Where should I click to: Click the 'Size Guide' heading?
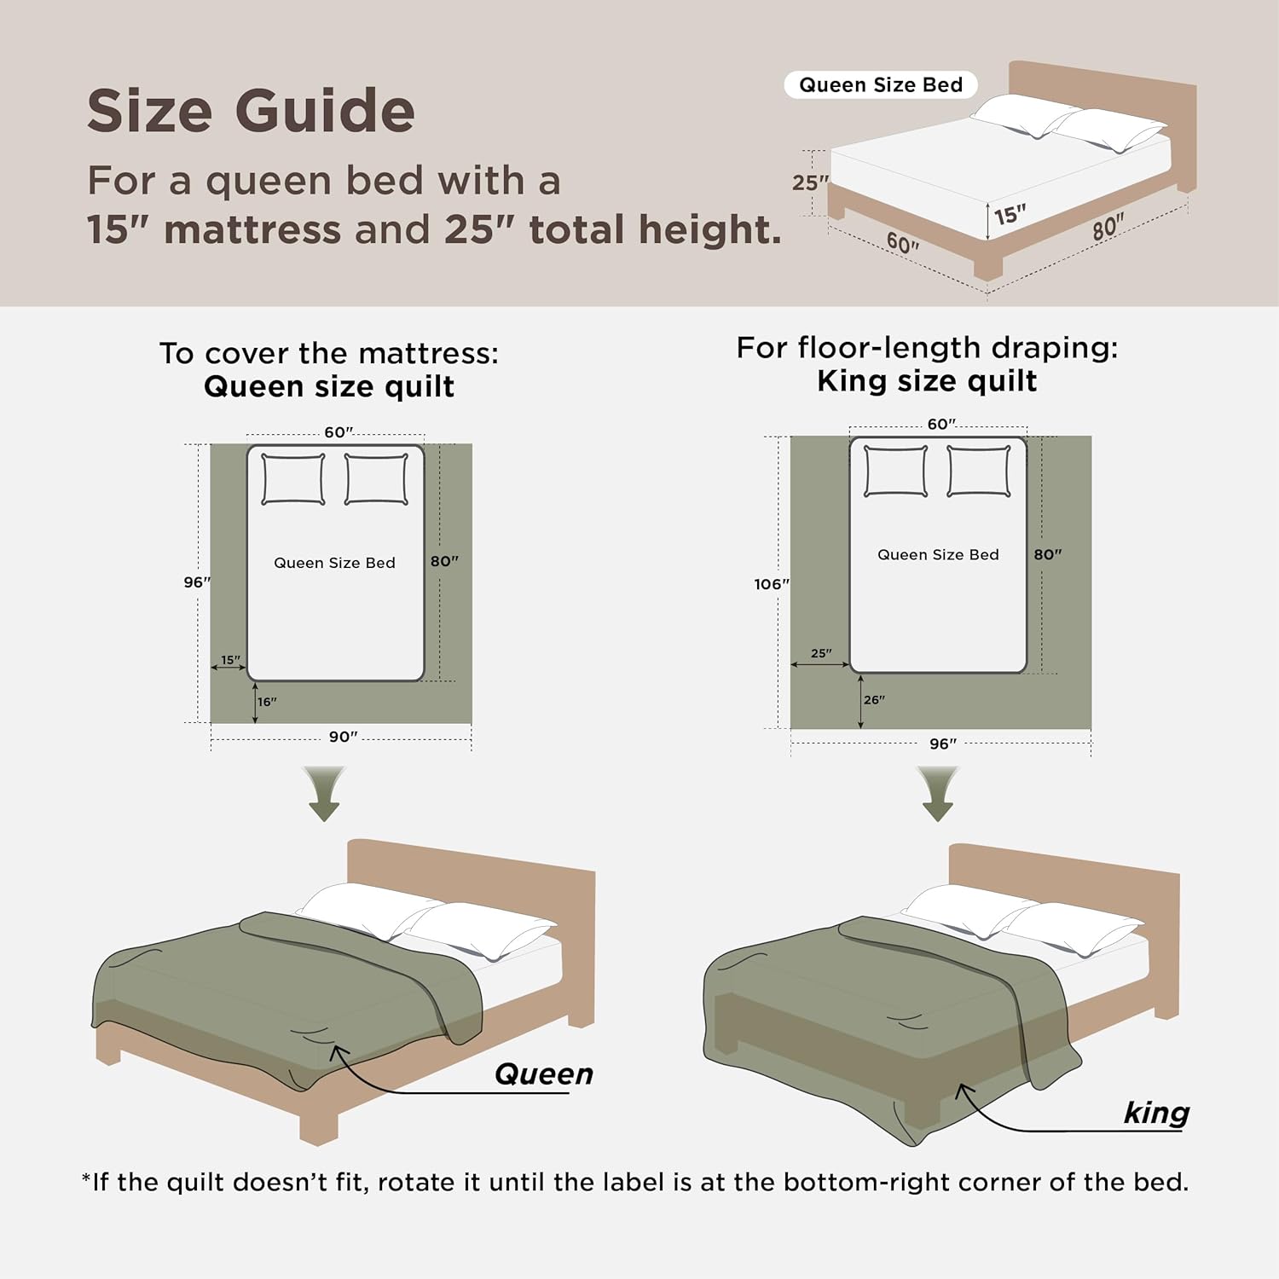pyautogui.click(x=251, y=112)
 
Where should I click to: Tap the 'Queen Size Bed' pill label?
pyautogui.click(x=880, y=85)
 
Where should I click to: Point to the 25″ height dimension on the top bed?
pyautogui.click(x=809, y=182)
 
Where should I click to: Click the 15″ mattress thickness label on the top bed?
pyautogui.click(x=1010, y=214)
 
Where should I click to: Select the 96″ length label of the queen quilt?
pyautogui.click(x=196, y=582)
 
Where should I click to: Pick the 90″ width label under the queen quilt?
pyautogui.click(x=343, y=737)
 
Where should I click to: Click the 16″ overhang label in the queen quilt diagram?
pyautogui.click(x=267, y=702)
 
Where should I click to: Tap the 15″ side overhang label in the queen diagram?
pyautogui.click(x=230, y=660)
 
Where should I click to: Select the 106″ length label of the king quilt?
pyautogui.click(x=771, y=584)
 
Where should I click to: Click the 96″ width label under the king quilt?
pyautogui.click(x=942, y=744)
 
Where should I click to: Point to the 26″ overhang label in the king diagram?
pyautogui.click(x=874, y=700)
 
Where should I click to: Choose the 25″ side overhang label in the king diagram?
pyautogui.click(x=820, y=653)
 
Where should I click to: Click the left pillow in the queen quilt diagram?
pyautogui.click(x=292, y=479)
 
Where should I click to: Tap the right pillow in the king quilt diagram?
pyautogui.click(x=979, y=471)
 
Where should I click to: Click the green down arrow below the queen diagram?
pyautogui.click(x=324, y=794)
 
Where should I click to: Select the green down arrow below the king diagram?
pyautogui.click(x=937, y=794)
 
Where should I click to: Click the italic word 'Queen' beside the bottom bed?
pyautogui.click(x=544, y=1074)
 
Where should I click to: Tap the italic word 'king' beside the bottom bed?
pyautogui.click(x=1156, y=1113)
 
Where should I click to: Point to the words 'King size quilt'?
pyautogui.click(x=927, y=381)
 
